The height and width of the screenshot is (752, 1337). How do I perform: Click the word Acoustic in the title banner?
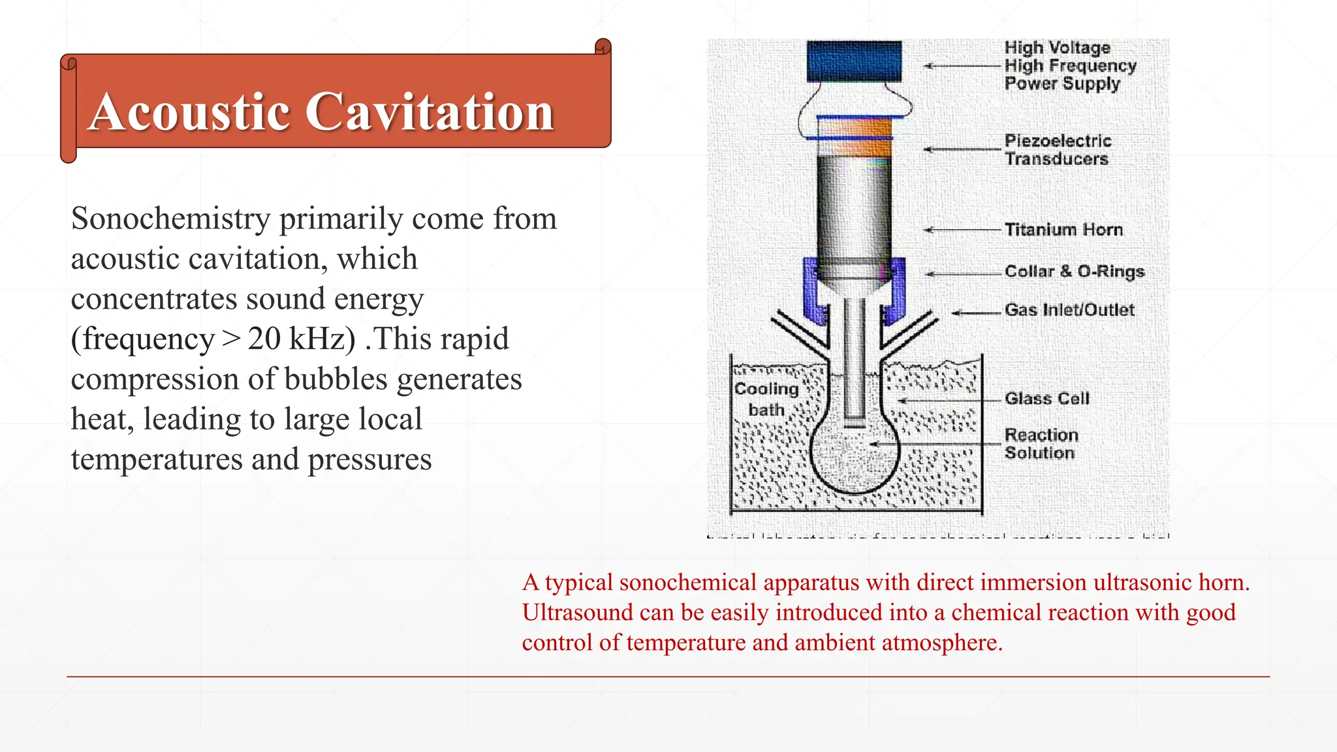coord(189,112)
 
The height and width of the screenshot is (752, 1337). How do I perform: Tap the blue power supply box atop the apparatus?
coord(854,61)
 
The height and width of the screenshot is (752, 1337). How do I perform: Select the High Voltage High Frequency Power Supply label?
coord(1069,66)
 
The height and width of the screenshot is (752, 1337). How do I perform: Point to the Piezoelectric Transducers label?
coord(1057,150)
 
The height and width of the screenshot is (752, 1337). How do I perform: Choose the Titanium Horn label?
coord(1063,230)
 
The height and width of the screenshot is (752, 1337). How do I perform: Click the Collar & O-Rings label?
coord(1074,272)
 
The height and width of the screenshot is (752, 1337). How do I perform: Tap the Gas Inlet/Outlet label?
coord(1069,310)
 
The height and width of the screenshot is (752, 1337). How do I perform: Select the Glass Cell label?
coord(1046,398)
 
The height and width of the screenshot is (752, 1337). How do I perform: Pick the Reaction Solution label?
coord(1041,444)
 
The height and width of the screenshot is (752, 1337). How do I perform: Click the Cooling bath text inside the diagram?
coord(766,399)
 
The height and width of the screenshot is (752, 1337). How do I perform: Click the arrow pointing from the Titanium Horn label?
coord(962,230)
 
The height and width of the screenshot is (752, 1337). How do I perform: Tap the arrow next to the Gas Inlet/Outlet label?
coord(976,313)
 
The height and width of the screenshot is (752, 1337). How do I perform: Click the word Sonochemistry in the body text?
coord(170,219)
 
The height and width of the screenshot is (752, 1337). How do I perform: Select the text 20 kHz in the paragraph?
coord(301,339)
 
